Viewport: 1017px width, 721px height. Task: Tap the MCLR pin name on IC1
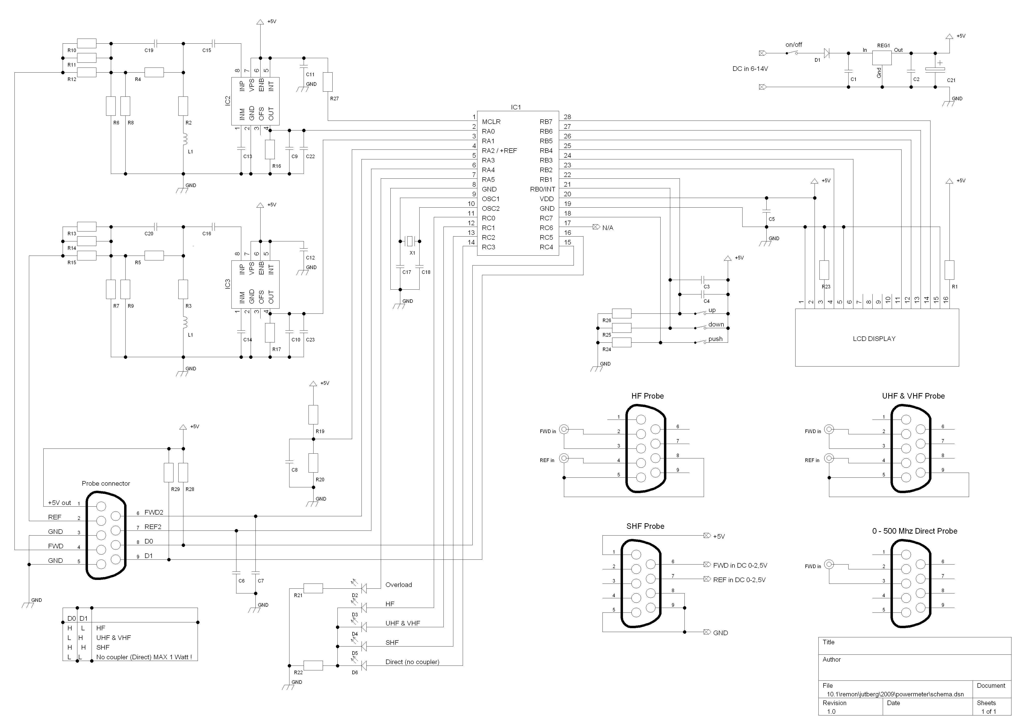click(x=491, y=122)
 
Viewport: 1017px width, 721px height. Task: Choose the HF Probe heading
click(x=647, y=396)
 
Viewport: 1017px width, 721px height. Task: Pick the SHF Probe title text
click(x=645, y=526)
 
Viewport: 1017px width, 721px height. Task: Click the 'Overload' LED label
click(x=398, y=585)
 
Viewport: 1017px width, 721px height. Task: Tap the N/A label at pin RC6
click(x=608, y=228)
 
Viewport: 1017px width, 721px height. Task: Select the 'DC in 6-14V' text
click(x=750, y=69)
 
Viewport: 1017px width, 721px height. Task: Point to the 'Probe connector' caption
click(x=106, y=483)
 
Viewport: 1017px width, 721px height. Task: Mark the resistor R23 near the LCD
click(x=824, y=270)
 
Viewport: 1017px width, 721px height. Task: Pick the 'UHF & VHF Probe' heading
click(x=913, y=396)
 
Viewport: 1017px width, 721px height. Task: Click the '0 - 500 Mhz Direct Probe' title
click(x=915, y=531)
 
